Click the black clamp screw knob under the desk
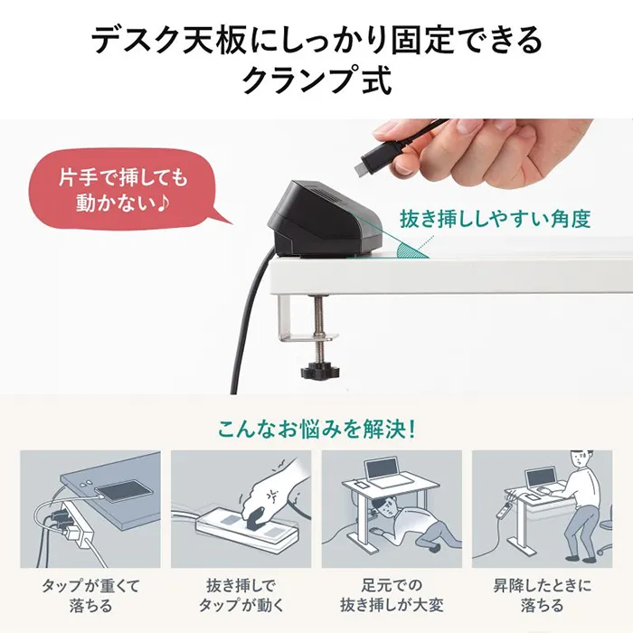pyautogui.click(x=320, y=369)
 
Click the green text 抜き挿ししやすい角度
pyautogui.click(x=495, y=219)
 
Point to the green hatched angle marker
pyautogui.click(x=411, y=250)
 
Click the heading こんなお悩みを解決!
pyautogui.click(x=316, y=429)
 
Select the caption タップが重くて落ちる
pyautogui.click(x=90, y=595)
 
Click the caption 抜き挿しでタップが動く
pyautogui.click(x=241, y=595)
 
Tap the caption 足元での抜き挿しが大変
pyautogui.click(x=392, y=595)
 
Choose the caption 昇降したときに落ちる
pyautogui.click(x=543, y=595)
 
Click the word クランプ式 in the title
pyautogui.click(x=316, y=80)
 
